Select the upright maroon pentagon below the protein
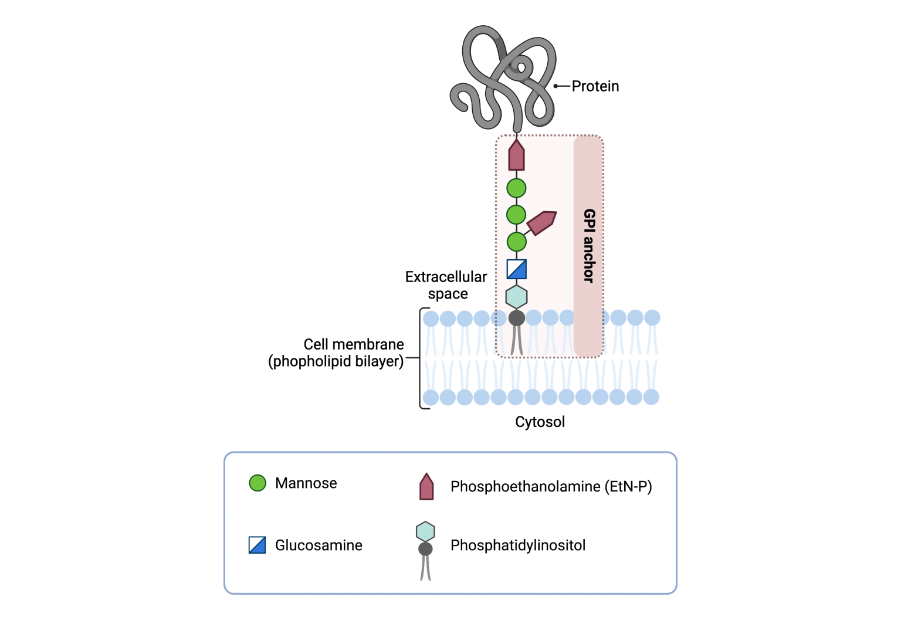516,155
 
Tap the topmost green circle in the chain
516,188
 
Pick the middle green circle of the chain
516,215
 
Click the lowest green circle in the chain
516,242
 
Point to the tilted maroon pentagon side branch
541,222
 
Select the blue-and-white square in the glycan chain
517,269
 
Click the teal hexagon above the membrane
516,297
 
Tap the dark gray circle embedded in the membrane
517,318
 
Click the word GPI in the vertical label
589,221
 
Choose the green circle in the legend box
258,483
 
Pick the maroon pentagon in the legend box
426,487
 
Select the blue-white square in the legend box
258,545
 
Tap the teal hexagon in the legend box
425,531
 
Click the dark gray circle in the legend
425,549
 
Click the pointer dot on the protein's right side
555,86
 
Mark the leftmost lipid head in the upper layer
431,318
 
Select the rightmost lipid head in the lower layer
651,397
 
